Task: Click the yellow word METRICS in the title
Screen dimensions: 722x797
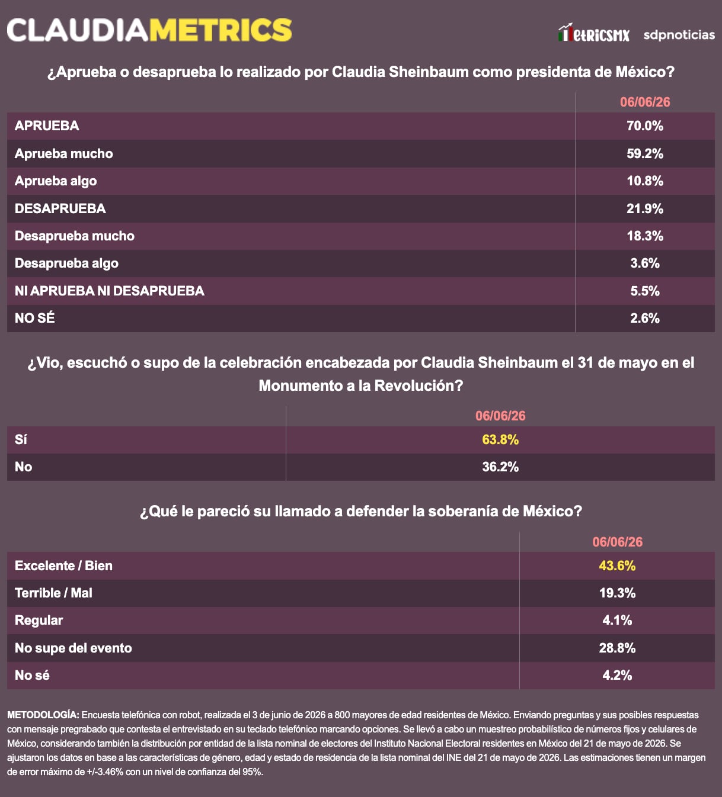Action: pos(221,30)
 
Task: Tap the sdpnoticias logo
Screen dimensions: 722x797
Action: pos(679,35)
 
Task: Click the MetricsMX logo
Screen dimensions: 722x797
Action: pos(594,33)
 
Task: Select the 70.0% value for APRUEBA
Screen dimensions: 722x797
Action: pos(645,126)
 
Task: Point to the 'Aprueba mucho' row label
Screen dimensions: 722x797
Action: pos(63,153)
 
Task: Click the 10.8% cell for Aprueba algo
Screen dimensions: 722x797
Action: pos(645,181)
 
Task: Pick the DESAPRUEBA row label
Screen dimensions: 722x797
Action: pos(60,208)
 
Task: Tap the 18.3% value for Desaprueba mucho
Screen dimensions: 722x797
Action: pos(645,236)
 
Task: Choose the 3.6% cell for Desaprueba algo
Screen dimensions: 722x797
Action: pos(645,263)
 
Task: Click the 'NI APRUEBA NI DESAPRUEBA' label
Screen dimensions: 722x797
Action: pos(110,290)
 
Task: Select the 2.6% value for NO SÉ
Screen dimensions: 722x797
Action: pos(645,318)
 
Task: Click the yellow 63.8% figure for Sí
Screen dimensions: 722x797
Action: pos(500,439)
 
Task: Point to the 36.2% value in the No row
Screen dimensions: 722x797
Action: pos(500,467)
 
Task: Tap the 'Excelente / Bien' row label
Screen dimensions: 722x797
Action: pos(63,565)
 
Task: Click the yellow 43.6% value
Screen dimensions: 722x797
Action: pos(617,565)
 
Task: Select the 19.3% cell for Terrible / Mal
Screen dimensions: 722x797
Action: pos(617,593)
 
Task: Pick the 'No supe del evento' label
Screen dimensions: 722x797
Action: pos(73,648)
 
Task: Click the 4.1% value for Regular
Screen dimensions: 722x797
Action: pos(617,620)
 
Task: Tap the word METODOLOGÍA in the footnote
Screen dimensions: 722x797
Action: pos(43,715)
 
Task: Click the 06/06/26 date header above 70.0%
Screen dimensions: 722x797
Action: pos(645,102)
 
